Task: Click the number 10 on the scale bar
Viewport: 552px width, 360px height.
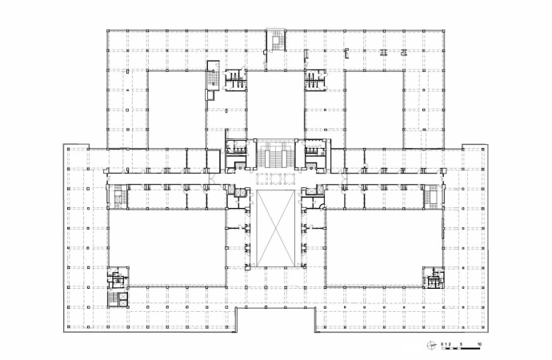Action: (x=479, y=344)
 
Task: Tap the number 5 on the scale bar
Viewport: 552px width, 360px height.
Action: (x=462, y=344)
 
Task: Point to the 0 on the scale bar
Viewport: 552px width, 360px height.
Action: (x=442, y=344)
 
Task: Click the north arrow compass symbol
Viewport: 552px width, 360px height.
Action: (x=432, y=346)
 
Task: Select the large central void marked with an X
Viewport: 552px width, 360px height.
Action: (x=275, y=228)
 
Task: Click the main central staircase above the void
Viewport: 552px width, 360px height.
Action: (x=275, y=155)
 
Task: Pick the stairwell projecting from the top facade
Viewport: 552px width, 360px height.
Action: (x=276, y=41)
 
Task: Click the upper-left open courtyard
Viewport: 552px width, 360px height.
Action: (x=177, y=109)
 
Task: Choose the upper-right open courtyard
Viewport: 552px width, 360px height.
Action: (x=374, y=109)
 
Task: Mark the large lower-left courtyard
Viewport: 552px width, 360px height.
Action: (x=167, y=247)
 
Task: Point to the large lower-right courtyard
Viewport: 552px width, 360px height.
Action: (x=384, y=247)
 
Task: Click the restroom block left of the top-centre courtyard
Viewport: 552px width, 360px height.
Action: (x=235, y=79)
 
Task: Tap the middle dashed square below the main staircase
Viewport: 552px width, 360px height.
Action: (x=275, y=178)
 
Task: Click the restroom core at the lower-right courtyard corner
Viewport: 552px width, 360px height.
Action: (x=434, y=278)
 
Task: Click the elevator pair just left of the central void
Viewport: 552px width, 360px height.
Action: (x=239, y=193)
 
